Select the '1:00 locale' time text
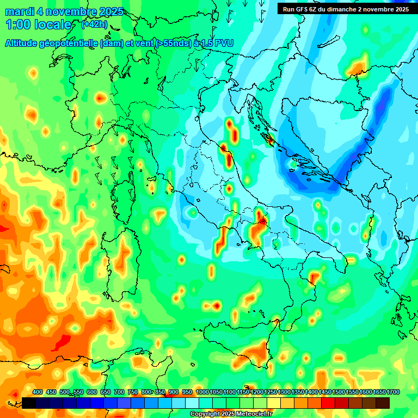tap(39, 25)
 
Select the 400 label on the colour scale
tap(38, 392)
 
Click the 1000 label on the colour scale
tap(202, 392)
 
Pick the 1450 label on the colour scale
tap(325, 392)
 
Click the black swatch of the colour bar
tap(29, 403)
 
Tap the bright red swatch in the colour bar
tap(328, 403)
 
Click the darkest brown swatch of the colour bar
tap(383, 403)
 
